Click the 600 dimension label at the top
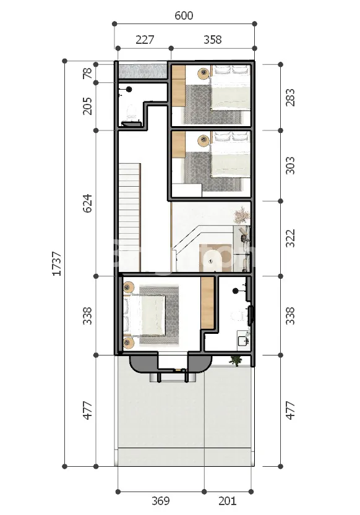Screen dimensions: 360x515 pos(184,15)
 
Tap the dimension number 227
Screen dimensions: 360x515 pos(145,40)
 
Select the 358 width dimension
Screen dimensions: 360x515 pos(213,40)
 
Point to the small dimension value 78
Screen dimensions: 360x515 pos(87,73)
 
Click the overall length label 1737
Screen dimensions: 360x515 pos(57,263)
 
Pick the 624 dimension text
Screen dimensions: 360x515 pos(87,203)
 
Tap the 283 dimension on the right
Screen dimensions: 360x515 pos(290,97)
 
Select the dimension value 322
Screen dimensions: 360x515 pos(290,238)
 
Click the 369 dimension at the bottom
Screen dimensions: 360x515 pos(161,501)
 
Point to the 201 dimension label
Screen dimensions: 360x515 pos(227,501)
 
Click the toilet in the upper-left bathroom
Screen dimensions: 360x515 pos(131,113)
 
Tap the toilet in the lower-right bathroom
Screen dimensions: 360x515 pos(238,316)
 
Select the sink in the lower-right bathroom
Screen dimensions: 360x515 pos(243,338)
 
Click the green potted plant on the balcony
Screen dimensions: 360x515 pos(236,360)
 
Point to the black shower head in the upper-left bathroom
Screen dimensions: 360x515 pos(129,89)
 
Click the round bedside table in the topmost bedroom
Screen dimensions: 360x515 pos(204,72)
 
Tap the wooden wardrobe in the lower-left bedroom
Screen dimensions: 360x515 pos(207,302)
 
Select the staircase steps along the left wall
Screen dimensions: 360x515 pos(129,218)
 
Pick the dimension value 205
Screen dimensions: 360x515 pos(87,106)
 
